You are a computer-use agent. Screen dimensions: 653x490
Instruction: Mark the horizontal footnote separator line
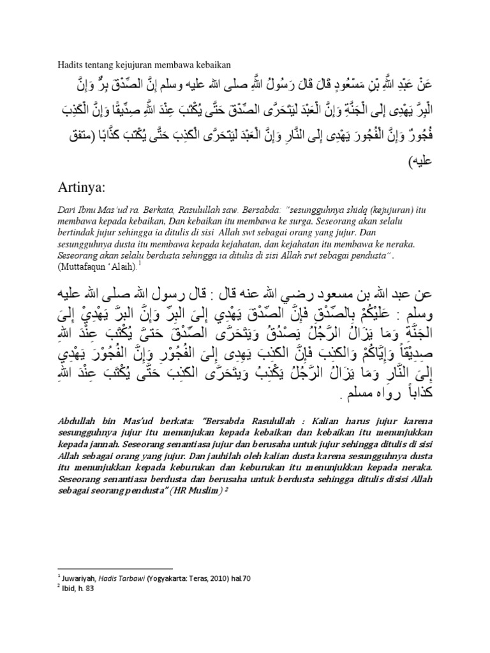click(115, 568)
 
